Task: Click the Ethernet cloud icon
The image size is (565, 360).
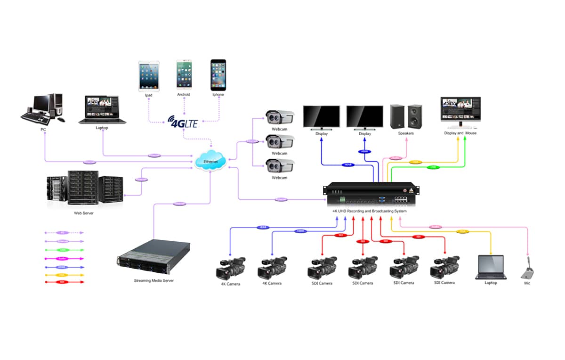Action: [x=210, y=161]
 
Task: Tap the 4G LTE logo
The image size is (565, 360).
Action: [x=183, y=122]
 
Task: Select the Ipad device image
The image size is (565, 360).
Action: [x=149, y=75]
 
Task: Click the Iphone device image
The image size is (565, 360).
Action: [x=218, y=75]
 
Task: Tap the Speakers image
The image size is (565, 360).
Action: [x=406, y=116]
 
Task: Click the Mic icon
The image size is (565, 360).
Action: [x=528, y=270]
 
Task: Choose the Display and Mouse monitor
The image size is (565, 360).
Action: [x=460, y=112]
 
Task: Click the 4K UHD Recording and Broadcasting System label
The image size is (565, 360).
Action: [x=369, y=211]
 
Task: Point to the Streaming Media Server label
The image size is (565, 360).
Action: [x=153, y=281]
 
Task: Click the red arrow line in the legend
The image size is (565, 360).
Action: [x=64, y=282]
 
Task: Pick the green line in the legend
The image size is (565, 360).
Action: [x=64, y=250]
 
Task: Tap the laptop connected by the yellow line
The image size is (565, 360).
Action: [x=490, y=267]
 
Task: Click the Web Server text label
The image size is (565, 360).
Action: [x=84, y=213]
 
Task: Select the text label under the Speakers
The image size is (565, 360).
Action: [x=405, y=133]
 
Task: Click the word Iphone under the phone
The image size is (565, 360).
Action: [x=218, y=95]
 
